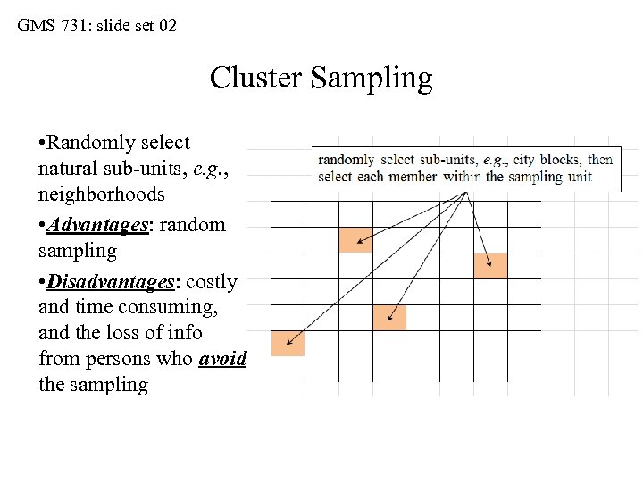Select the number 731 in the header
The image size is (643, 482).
tap(75, 26)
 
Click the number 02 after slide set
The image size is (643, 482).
tap(166, 26)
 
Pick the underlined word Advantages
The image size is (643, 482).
tap(98, 225)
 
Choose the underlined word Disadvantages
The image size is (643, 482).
tap(111, 282)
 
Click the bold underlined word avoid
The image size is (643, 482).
tap(222, 358)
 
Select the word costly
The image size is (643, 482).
tap(212, 282)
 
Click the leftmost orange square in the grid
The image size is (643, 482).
tap(288, 344)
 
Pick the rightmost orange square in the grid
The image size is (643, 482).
tap(490, 265)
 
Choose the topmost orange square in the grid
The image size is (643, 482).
tap(355, 239)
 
